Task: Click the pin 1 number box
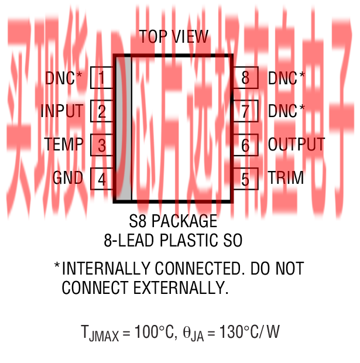101,78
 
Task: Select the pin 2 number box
101,111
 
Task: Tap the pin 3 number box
101,145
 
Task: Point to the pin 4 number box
101,178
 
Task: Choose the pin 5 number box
245,179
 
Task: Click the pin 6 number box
245,145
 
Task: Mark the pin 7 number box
245,111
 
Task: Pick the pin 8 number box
245,78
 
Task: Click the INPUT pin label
62,111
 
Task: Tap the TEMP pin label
64,144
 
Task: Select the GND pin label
68,177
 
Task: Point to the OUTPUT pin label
296,144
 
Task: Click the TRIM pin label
286,178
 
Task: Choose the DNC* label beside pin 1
64,78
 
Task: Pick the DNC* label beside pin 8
286,78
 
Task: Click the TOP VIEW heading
173,37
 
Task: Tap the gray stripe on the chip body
124,129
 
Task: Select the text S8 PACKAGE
173,222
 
